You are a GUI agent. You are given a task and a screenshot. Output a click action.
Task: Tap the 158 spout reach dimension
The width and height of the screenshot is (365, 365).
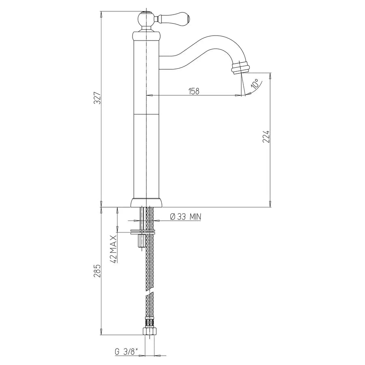[x=194, y=91]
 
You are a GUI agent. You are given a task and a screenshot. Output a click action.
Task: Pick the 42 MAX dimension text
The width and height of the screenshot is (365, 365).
[x=114, y=249]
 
